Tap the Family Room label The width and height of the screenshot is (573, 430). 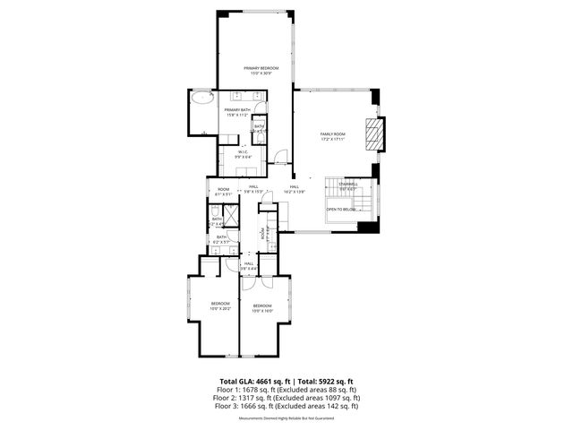pos(333,136)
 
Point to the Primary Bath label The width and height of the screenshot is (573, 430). pos(237,112)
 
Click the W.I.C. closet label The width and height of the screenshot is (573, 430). pos(243,154)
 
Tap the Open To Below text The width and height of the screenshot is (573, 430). pos(341,209)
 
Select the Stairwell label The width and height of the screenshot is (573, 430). pos(347,186)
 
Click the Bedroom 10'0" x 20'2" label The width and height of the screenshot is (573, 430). pos(220,305)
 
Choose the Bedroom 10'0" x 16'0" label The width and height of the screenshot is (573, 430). pos(261,308)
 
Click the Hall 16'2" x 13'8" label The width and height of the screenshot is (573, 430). pos(295,189)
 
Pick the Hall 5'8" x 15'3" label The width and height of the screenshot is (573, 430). pos(253,189)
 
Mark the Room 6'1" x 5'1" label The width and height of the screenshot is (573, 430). pos(223,191)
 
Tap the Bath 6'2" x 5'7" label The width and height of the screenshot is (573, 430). pos(221,239)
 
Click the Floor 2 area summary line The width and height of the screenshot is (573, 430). pos(286,398)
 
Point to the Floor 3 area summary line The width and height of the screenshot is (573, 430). pos(286,406)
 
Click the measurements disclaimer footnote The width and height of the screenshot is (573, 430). pos(286,418)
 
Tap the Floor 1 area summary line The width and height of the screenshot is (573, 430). pos(286,390)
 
